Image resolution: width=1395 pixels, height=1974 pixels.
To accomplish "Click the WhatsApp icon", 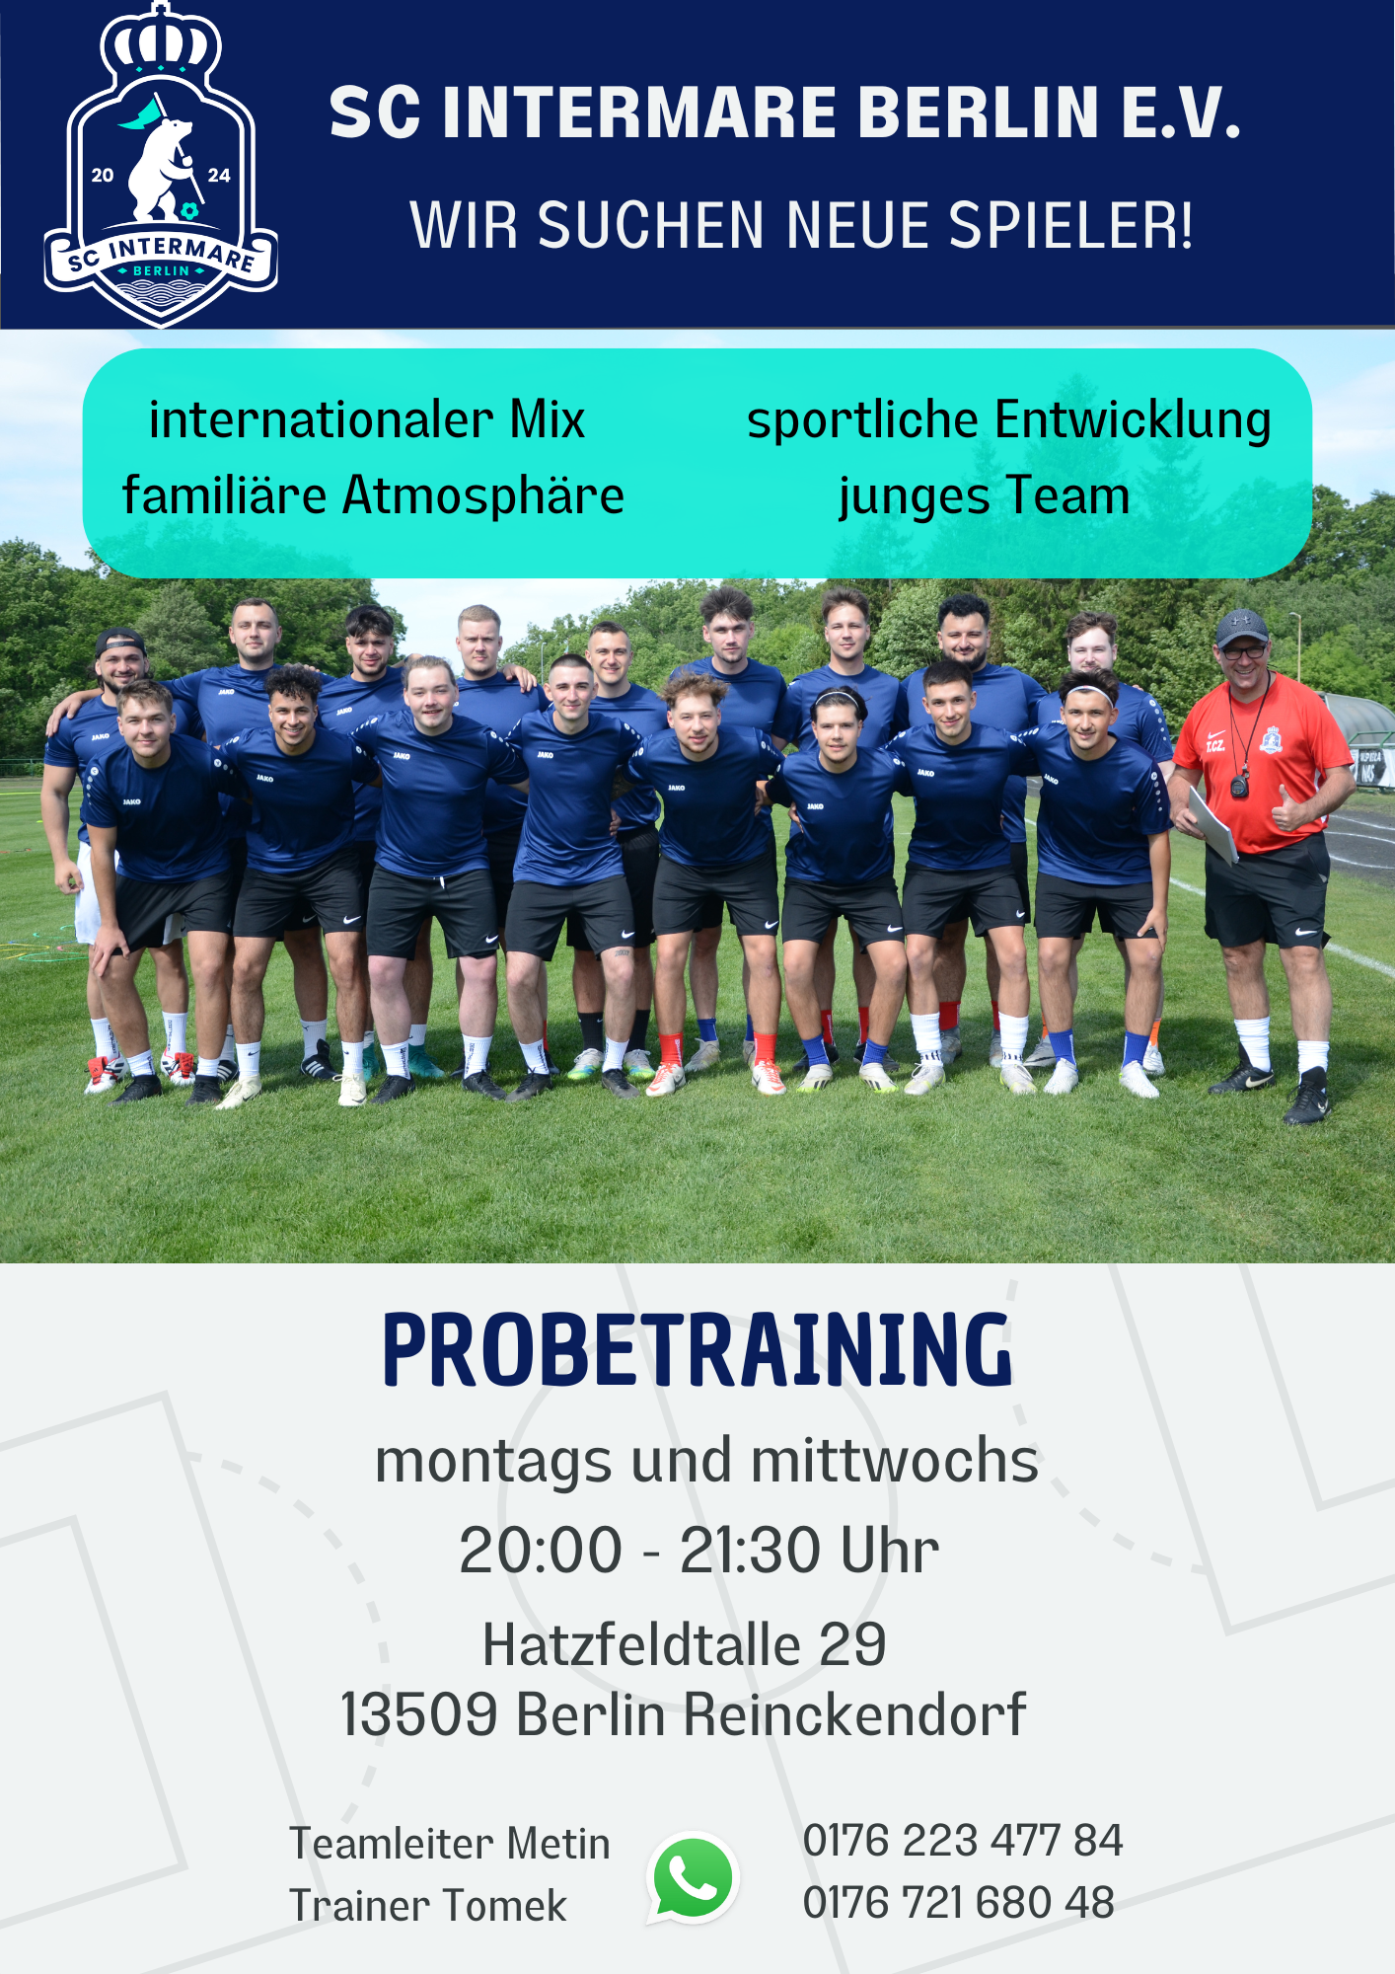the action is (693, 1878).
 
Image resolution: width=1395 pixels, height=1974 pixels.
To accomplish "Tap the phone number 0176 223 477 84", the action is (963, 1841).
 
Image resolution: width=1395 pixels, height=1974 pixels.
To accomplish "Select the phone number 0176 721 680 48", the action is (959, 1903).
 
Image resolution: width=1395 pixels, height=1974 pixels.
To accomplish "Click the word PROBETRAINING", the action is (697, 1350).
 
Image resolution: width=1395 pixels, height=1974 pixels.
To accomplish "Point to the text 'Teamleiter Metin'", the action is (450, 1844).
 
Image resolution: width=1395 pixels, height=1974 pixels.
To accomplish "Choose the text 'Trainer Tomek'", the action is (428, 1906).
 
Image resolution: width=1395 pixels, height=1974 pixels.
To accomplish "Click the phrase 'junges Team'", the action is (984, 496).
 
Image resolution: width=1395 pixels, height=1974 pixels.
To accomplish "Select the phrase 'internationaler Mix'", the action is (367, 419).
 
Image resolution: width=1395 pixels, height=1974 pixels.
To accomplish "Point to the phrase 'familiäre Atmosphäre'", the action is (373, 495).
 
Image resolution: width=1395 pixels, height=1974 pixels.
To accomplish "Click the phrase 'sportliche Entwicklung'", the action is (1009, 420).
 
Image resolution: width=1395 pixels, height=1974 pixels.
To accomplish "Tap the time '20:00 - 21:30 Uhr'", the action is (698, 1551).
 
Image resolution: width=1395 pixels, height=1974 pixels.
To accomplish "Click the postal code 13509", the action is (418, 1715).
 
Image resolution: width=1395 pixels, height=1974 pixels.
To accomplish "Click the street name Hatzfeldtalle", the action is (641, 1645).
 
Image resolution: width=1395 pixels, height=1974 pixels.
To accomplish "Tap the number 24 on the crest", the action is (219, 176).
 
